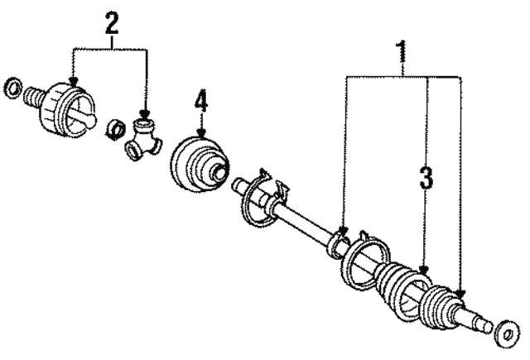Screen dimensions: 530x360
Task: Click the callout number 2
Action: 112,22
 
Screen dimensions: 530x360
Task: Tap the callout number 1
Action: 402,51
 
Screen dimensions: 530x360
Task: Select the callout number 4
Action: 200,102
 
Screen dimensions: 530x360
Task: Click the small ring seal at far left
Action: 13,88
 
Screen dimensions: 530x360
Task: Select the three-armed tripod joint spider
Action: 142,138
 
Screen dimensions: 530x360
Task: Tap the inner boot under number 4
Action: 200,165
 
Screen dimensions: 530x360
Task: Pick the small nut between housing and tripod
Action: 116,128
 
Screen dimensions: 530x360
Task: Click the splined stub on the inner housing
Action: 33,97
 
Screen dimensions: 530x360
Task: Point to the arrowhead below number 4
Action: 201,134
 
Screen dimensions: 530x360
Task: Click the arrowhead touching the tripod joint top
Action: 145,114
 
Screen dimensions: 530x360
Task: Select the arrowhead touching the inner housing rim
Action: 73,81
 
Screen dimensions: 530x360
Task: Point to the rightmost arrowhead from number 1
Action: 460,294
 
